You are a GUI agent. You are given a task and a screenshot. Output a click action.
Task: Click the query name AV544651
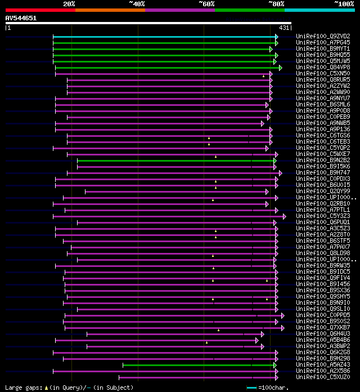pyautogui.click(x=21, y=18)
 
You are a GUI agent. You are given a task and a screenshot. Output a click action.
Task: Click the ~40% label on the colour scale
pyautogui.click(x=137, y=4)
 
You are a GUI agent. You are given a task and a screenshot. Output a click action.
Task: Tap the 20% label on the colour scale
pyautogui.click(x=69, y=4)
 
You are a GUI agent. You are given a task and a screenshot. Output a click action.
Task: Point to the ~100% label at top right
pyautogui.click(x=344, y=4)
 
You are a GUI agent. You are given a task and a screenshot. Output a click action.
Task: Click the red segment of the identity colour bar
pyautogui.click(x=40, y=10)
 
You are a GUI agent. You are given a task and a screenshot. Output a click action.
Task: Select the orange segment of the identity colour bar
pyautogui.click(x=110, y=10)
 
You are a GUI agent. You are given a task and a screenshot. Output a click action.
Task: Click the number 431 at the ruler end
pyautogui.click(x=284, y=28)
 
